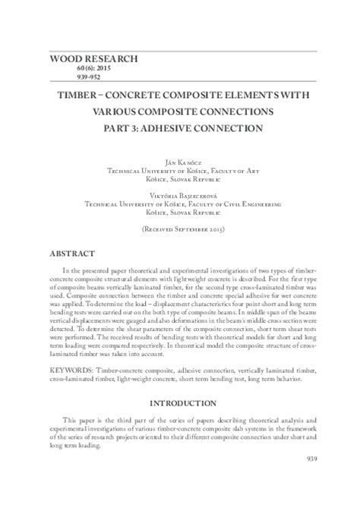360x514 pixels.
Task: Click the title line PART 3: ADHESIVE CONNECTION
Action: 180,128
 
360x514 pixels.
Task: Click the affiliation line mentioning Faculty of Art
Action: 180,172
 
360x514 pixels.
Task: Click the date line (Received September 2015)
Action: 180,228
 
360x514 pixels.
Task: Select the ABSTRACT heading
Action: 72,253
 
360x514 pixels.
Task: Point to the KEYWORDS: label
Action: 69,368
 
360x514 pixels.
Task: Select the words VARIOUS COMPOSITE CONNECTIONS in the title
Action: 180,113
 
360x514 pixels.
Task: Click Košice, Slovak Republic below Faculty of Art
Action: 180,181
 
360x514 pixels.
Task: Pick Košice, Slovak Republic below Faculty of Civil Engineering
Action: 180,215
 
